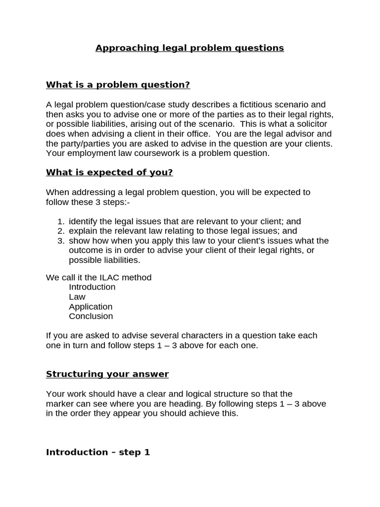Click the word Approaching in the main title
click(127, 48)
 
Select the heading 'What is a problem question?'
click(118, 85)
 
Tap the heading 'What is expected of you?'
click(109, 172)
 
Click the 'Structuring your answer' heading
click(107, 374)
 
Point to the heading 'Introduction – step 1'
click(98, 452)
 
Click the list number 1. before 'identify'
click(61, 222)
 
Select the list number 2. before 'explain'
click(61, 231)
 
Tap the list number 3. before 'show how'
click(61, 241)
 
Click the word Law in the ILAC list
click(77, 297)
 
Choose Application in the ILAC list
click(91, 306)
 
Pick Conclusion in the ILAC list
click(91, 316)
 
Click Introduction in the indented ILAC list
click(92, 287)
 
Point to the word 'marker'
click(59, 404)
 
